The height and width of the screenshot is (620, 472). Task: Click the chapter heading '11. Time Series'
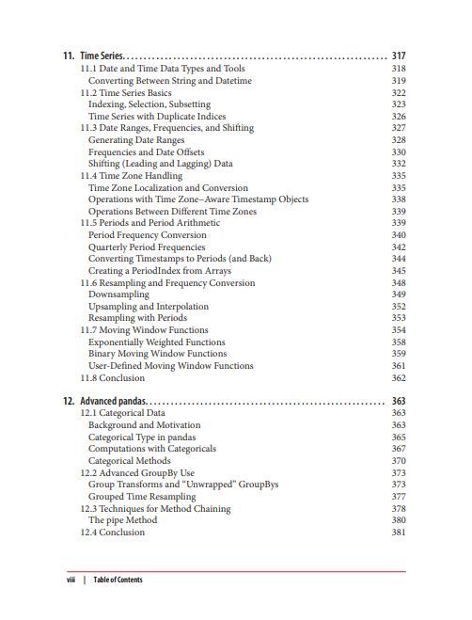93,56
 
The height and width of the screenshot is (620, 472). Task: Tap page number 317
398,56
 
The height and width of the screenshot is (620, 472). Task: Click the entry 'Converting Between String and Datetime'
169,81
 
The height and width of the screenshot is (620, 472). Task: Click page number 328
398,140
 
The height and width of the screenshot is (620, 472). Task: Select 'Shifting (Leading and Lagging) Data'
160,164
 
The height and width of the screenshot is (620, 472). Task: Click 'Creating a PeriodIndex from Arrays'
159,271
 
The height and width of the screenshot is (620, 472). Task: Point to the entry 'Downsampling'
118,294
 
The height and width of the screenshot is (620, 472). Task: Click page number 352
398,307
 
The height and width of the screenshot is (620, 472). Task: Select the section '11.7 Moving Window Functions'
144,330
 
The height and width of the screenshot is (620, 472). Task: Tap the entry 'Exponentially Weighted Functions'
156,342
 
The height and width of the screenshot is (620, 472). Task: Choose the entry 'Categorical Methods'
129,461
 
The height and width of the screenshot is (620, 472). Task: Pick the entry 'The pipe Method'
122,520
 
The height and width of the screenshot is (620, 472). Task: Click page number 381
398,533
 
